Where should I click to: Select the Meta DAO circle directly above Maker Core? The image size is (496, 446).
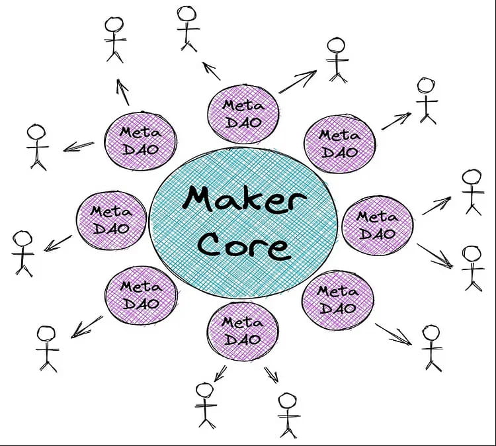click(243, 114)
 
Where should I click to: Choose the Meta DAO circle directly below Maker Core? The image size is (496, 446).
click(243, 331)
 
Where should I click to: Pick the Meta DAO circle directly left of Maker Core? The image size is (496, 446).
click(111, 220)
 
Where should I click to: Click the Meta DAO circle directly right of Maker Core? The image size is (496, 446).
click(378, 226)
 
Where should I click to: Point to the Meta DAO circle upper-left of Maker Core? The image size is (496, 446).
click(140, 140)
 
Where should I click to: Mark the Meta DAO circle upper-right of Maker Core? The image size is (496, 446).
click(340, 144)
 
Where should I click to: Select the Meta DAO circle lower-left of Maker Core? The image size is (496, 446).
click(141, 295)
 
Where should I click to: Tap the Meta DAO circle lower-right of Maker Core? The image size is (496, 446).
click(338, 300)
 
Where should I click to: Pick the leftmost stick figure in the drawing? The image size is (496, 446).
click(22, 253)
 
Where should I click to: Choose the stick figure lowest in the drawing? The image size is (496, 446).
click(288, 416)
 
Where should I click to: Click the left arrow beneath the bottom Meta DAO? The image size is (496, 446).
click(220, 374)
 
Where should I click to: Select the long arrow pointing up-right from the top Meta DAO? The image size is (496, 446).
click(298, 81)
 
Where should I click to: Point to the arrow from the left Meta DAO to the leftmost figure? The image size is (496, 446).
click(58, 244)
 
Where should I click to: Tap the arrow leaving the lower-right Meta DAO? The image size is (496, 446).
click(393, 334)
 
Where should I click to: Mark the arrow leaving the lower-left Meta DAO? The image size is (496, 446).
click(87, 327)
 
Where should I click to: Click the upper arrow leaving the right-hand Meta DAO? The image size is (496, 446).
click(436, 206)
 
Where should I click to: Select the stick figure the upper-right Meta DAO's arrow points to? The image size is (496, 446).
click(427, 101)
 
